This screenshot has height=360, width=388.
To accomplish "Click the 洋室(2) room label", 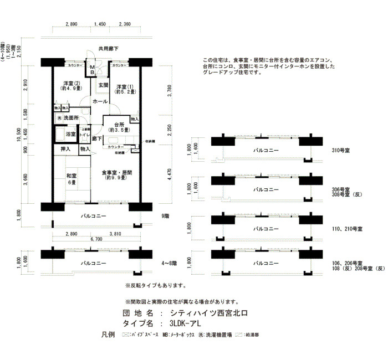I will (71, 86).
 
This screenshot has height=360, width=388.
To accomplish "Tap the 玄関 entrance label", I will (103, 85).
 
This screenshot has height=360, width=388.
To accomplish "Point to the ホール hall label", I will (100, 101).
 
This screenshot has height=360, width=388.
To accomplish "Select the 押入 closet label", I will (65, 148).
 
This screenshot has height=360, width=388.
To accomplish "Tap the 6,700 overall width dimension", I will (96, 239).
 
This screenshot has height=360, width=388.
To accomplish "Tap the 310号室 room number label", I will (340, 150).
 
